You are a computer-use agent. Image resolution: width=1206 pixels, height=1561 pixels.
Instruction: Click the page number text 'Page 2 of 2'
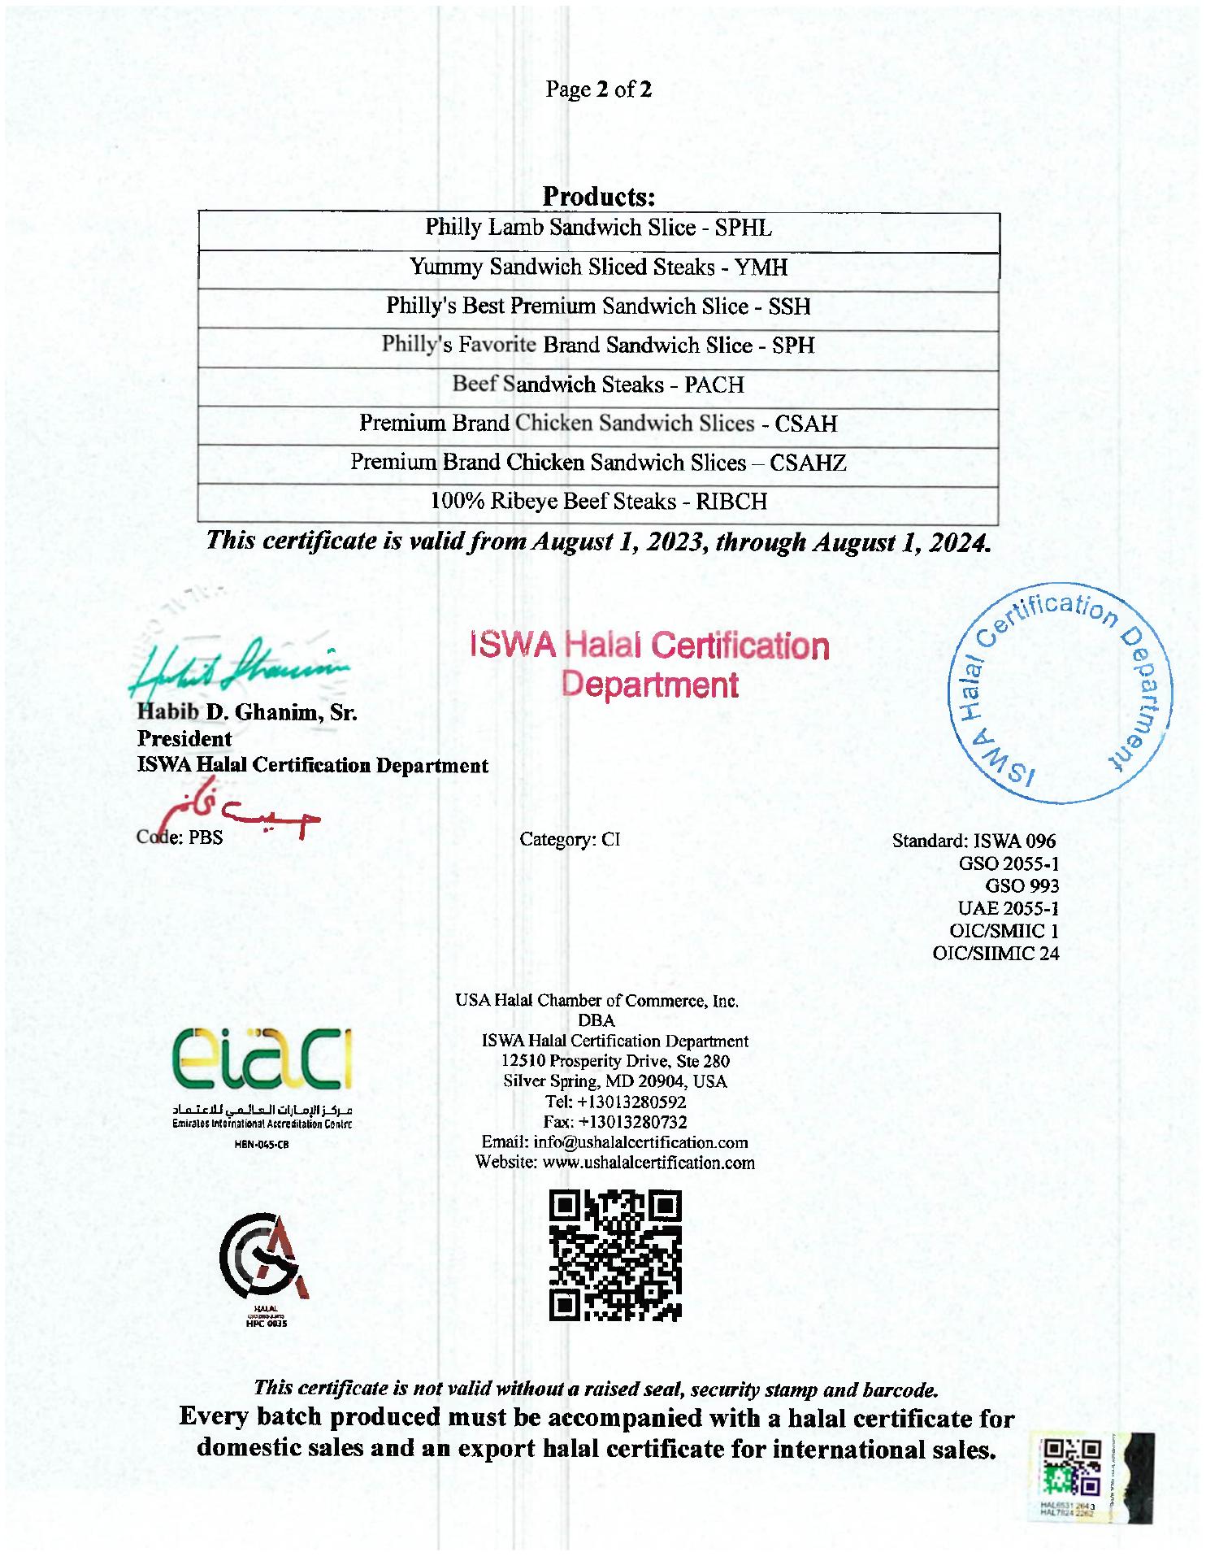pos(598,89)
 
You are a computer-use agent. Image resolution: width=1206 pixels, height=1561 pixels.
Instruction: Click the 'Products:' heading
pos(598,197)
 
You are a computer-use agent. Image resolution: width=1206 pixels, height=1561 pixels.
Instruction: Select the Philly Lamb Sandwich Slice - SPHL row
pos(598,228)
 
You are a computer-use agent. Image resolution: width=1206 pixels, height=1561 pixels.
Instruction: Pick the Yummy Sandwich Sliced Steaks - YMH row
pos(598,267)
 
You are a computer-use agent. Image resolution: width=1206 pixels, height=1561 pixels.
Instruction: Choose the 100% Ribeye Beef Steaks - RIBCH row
pos(598,502)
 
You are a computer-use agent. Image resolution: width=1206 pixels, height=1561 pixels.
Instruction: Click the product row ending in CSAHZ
pos(598,463)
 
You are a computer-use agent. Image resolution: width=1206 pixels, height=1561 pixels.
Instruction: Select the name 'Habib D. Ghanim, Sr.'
pos(247,713)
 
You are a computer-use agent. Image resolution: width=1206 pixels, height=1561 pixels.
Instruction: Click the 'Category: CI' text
pos(570,839)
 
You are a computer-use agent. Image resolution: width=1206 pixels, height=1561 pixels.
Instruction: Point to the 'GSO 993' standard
pos(1022,885)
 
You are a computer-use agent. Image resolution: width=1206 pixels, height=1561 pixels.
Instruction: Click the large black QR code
pos(615,1254)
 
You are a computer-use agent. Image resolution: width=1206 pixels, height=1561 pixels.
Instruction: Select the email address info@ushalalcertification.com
pos(614,1142)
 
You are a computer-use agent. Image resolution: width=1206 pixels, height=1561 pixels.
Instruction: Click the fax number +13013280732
pos(615,1122)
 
